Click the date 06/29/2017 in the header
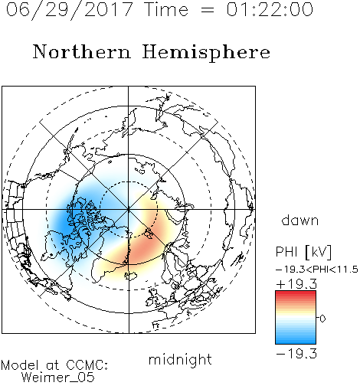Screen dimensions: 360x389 tap(70, 10)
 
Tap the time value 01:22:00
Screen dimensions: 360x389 tap(270, 9)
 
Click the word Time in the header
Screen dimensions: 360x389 tap(166, 9)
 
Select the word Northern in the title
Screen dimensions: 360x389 tap(82, 51)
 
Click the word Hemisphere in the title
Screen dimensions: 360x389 tap(206, 53)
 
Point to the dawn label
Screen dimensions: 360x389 tap(300, 220)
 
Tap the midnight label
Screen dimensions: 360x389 tap(180, 359)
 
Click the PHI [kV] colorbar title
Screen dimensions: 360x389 tap(303, 252)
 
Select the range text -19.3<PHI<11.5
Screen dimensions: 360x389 tap(317, 270)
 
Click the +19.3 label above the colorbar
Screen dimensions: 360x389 tap(296, 284)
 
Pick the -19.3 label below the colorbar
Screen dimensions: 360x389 tap(296, 354)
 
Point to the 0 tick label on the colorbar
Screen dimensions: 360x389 tap(322, 319)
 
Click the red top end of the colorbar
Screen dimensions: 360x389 tap(296, 293)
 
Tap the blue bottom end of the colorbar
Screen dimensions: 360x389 tap(296, 342)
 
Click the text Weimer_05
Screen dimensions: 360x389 tap(58, 378)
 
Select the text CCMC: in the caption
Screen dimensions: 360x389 tap(87, 365)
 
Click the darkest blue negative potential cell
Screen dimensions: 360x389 tap(67, 217)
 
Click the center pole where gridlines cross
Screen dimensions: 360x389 tap(129, 210)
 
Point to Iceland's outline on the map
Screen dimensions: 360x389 tap(131, 276)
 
